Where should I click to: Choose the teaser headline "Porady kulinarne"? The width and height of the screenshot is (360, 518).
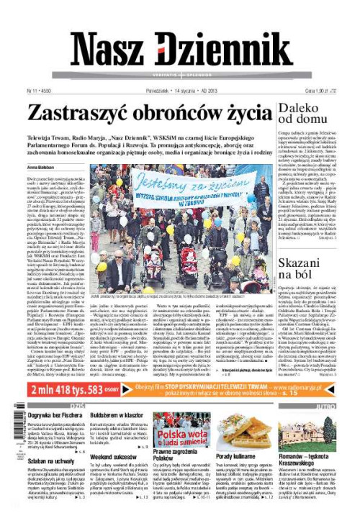click(234, 457)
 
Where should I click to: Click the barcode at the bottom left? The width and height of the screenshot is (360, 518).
click(12, 428)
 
